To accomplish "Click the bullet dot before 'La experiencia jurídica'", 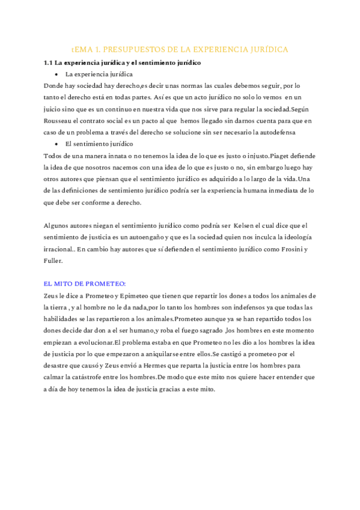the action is click(x=56, y=74).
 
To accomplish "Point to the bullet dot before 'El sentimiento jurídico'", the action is click(x=56, y=144).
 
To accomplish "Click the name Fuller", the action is click(x=53, y=260).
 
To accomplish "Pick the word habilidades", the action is click(x=64, y=319).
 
